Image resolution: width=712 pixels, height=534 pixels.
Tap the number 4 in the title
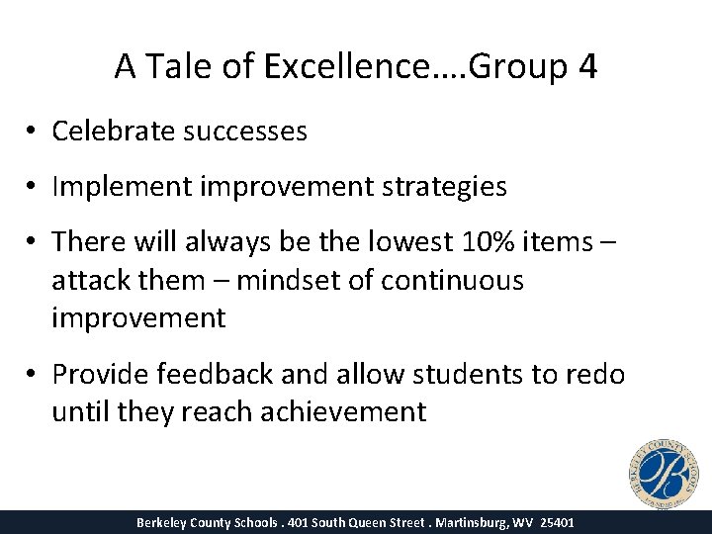(587, 66)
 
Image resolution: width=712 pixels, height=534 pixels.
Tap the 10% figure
(479, 241)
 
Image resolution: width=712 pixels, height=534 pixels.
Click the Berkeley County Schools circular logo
(662, 472)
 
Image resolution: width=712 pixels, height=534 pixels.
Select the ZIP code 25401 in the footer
(557, 522)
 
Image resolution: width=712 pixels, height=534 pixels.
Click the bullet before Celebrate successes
(34, 132)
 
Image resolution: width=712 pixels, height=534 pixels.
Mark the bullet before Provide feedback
(34, 375)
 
